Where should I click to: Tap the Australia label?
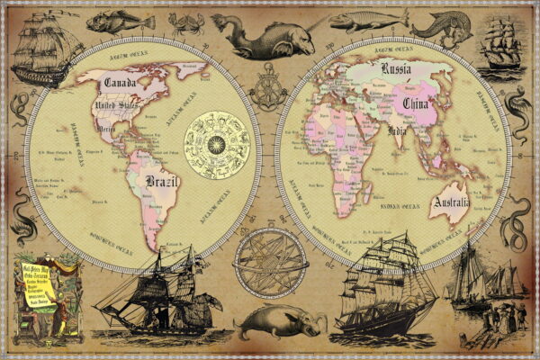click(x=451, y=203)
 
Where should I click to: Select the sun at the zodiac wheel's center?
click(x=217, y=141)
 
